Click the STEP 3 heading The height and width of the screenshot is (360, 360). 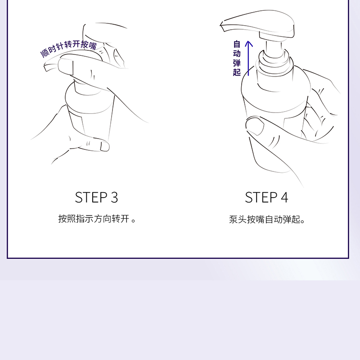96,198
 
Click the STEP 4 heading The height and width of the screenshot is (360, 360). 266,198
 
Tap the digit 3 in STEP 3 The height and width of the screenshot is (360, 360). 114,198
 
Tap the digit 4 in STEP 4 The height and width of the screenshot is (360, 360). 284,198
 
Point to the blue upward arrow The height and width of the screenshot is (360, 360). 248,58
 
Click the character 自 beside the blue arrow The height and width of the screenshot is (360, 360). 237,44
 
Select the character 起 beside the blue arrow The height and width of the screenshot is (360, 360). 237,72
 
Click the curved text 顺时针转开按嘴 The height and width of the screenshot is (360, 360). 69,48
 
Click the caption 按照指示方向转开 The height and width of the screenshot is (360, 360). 94,219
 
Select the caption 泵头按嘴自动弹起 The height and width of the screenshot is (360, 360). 265,220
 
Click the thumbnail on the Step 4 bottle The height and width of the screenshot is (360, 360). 255,126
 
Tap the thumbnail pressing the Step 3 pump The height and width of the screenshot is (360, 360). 66,67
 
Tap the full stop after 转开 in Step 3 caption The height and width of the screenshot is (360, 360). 133,220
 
